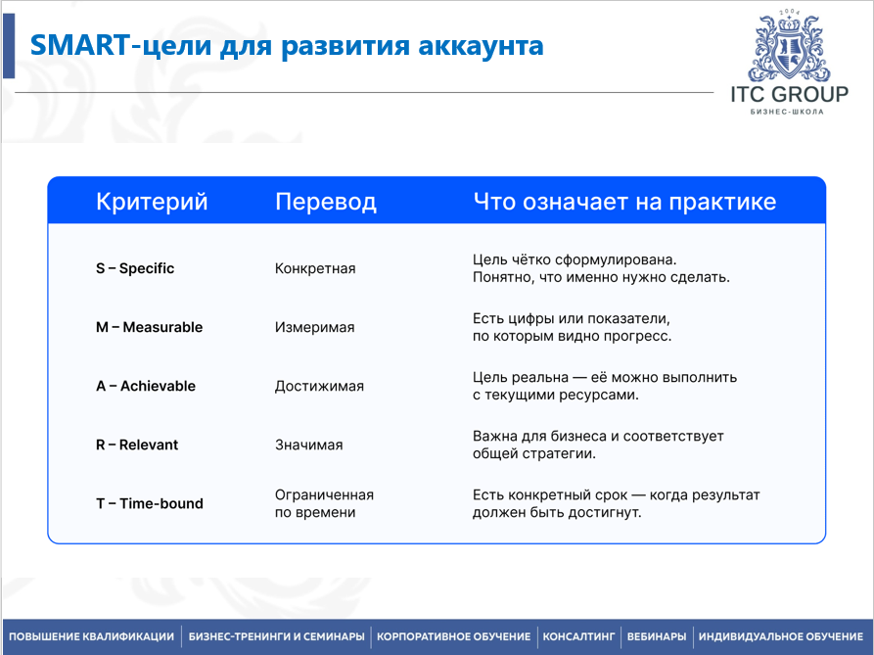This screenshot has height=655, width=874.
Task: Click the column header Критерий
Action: tap(152, 202)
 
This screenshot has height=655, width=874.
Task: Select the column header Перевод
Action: tap(325, 202)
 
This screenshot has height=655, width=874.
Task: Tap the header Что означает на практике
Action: tap(624, 202)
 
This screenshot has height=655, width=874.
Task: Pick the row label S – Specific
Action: tap(135, 268)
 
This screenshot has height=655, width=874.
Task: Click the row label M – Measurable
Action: tap(149, 327)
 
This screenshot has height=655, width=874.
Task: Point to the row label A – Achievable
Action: tap(146, 386)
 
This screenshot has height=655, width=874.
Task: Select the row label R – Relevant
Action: tap(137, 444)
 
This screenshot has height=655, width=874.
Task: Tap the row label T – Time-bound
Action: tap(150, 503)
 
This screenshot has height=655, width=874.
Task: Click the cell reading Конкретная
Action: tap(315, 268)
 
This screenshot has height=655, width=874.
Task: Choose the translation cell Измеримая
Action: tap(314, 327)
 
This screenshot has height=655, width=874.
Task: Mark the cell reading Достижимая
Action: tap(319, 386)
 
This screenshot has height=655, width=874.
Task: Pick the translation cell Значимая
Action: tap(308, 444)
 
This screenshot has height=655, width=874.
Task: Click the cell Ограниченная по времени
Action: tap(324, 503)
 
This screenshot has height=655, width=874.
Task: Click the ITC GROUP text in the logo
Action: tap(789, 94)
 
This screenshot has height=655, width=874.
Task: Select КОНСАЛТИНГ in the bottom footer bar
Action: tap(578, 636)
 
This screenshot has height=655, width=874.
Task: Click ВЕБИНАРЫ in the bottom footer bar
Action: tap(656, 636)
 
